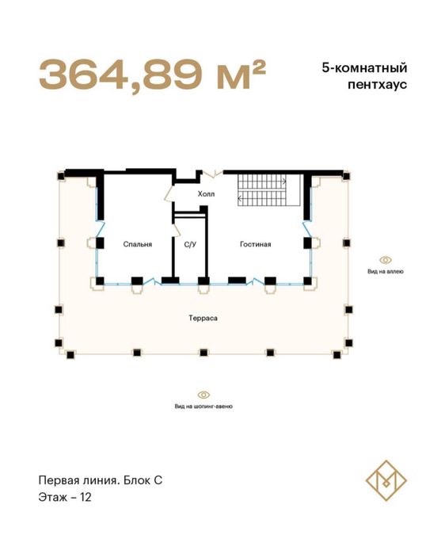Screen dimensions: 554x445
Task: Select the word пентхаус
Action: click(x=381, y=86)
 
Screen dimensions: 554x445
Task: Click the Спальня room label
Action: click(x=137, y=244)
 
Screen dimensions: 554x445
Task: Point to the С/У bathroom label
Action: click(x=190, y=244)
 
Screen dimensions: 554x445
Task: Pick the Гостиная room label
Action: click(x=256, y=244)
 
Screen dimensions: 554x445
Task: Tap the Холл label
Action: click(x=206, y=193)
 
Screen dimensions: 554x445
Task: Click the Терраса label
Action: click(x=203, y=318)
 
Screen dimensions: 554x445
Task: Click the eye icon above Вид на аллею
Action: click(x=386, y=259)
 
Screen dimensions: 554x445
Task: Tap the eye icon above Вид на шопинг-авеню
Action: click(x=203, y=394)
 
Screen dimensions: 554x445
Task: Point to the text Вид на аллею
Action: click(x=386, y=271)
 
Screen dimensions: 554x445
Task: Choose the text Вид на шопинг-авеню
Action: click(x=203, y=406)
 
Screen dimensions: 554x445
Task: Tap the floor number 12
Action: click(x=86, y=498)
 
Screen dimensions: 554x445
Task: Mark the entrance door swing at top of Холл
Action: click(x=211, y=172)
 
